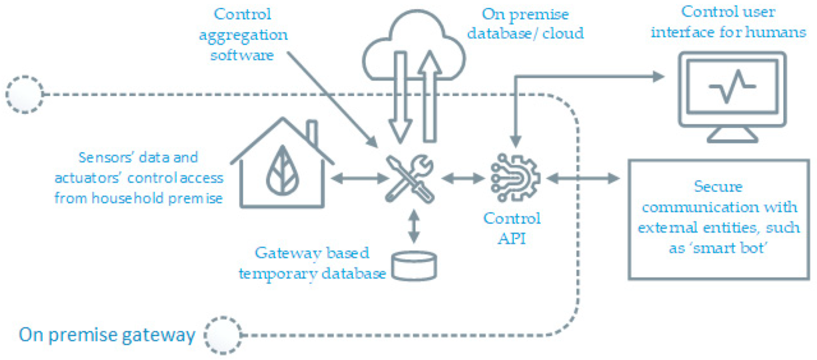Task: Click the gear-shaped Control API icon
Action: pos(515,178)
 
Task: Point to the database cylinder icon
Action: pos(414,266)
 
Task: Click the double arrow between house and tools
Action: pos(359,178)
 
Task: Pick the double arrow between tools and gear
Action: pos(463,178)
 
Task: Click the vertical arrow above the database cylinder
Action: pos(413,226)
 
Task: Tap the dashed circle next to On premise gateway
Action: pos(223,335)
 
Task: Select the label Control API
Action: pos(512,228)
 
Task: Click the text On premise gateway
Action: pos(107,335)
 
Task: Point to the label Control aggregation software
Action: pos(243,34)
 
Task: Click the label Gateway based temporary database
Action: pos(312,263)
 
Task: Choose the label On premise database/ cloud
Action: pos(525,23)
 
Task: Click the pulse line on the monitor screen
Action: pos(732,86)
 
